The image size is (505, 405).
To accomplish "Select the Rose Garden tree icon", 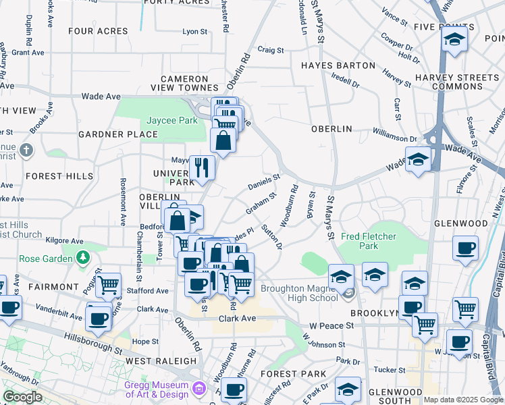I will (83, 257).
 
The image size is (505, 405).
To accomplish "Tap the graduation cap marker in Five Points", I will (454, 40).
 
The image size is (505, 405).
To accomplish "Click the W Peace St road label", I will (331, 325).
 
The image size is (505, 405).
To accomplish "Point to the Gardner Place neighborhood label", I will (118, 134).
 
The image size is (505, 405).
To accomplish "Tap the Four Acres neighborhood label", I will (98, 31).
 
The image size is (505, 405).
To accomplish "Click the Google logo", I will (22, 397).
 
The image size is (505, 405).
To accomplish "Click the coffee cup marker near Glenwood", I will (464, 248).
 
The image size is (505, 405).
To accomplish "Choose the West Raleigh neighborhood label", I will (161, 361).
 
